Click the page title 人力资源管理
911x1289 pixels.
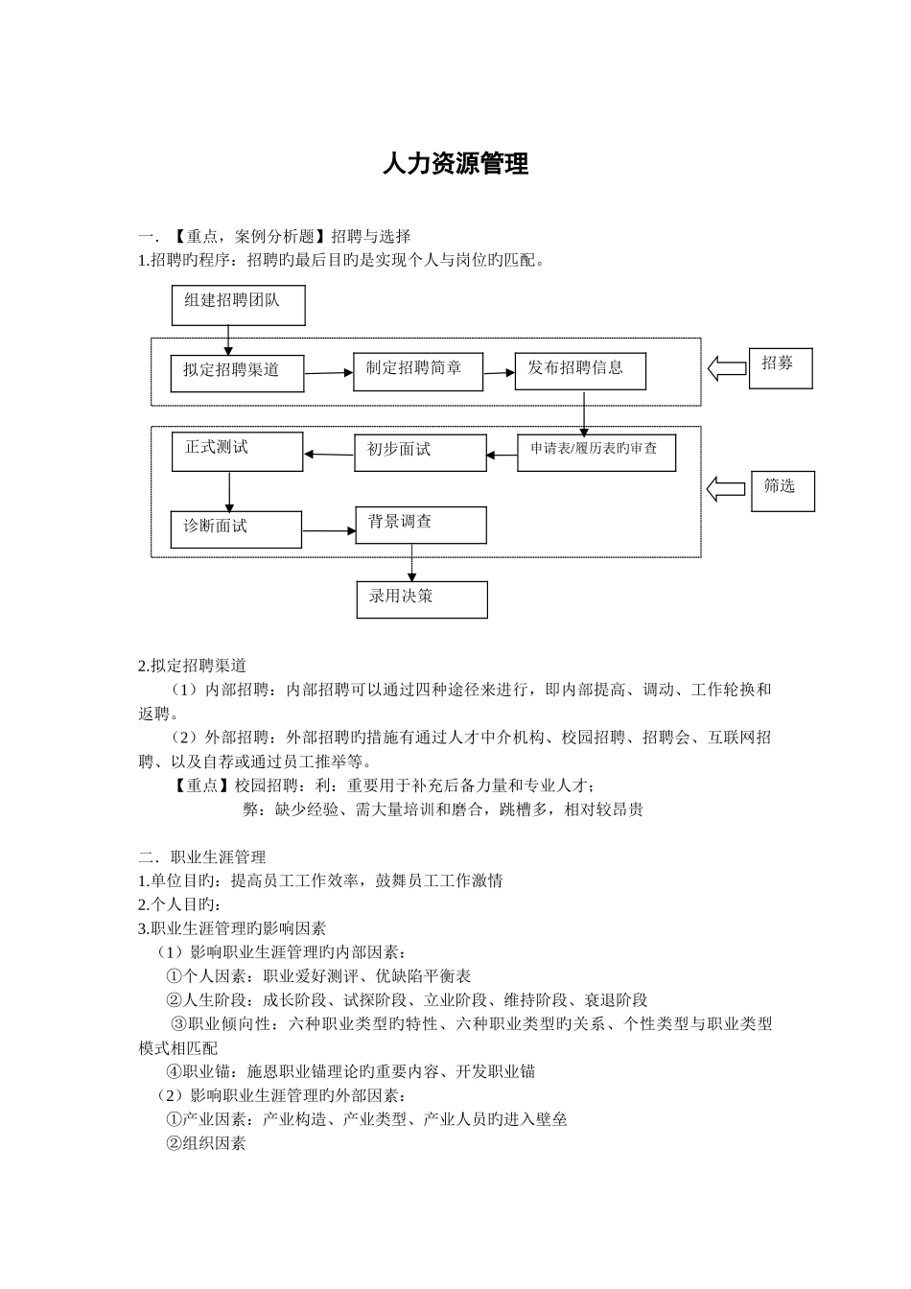tap(455, 164)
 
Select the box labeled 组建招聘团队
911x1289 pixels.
tap(239, 305)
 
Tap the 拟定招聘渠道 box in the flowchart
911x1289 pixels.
tap(238, 372)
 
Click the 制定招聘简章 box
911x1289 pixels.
tap(417, 370)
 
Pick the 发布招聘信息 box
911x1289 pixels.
tap(580, 370)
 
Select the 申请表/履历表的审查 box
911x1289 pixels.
tap(596, 453)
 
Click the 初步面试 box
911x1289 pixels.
tap(420, 453)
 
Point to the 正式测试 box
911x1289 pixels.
tap(237, 452)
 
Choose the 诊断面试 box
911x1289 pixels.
tap(236, 528)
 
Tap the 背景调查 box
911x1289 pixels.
tap(420, 525)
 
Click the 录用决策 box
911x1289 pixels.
tap(422, 599)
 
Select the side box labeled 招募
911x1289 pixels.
tap(780, 367)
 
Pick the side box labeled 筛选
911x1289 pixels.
tap(783, 490)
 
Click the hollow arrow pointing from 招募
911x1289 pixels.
tap(727, 368)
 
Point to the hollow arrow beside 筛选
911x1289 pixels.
tap(726, 489)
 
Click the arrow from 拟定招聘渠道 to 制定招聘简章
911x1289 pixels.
tap(329, 372)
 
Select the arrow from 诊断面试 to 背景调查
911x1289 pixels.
tap(329, 529)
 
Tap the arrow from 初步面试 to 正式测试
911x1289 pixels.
tap(329, 454)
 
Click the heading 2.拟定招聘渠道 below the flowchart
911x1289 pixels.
tap(193, 666)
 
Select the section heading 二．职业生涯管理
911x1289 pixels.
tap(202, 856)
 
